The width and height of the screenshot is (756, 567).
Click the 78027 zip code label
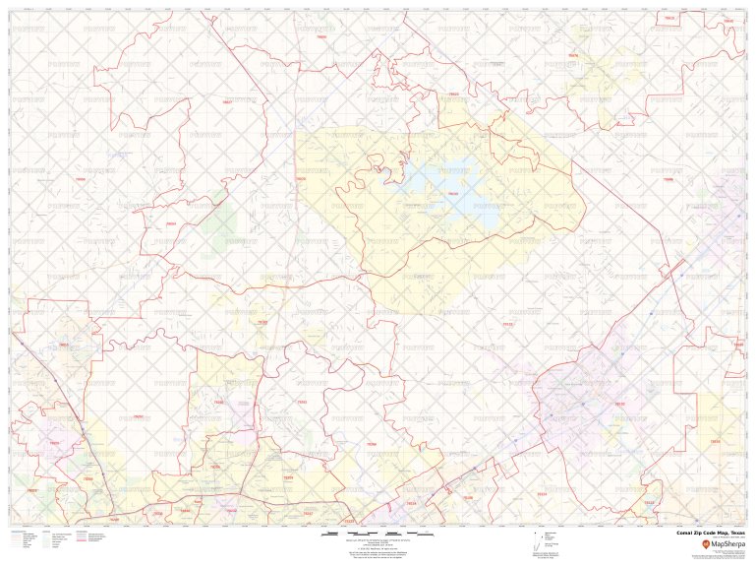click(228, 102)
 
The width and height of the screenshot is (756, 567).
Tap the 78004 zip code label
click(81, 180)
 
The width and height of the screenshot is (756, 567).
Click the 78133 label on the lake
click(452, 194)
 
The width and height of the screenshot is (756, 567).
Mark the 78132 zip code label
click(507, 324)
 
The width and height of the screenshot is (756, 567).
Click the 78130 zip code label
click(618, 404)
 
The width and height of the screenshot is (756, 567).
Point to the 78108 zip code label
click(541, 493)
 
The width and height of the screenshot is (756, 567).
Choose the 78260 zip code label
click(218, 403)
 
